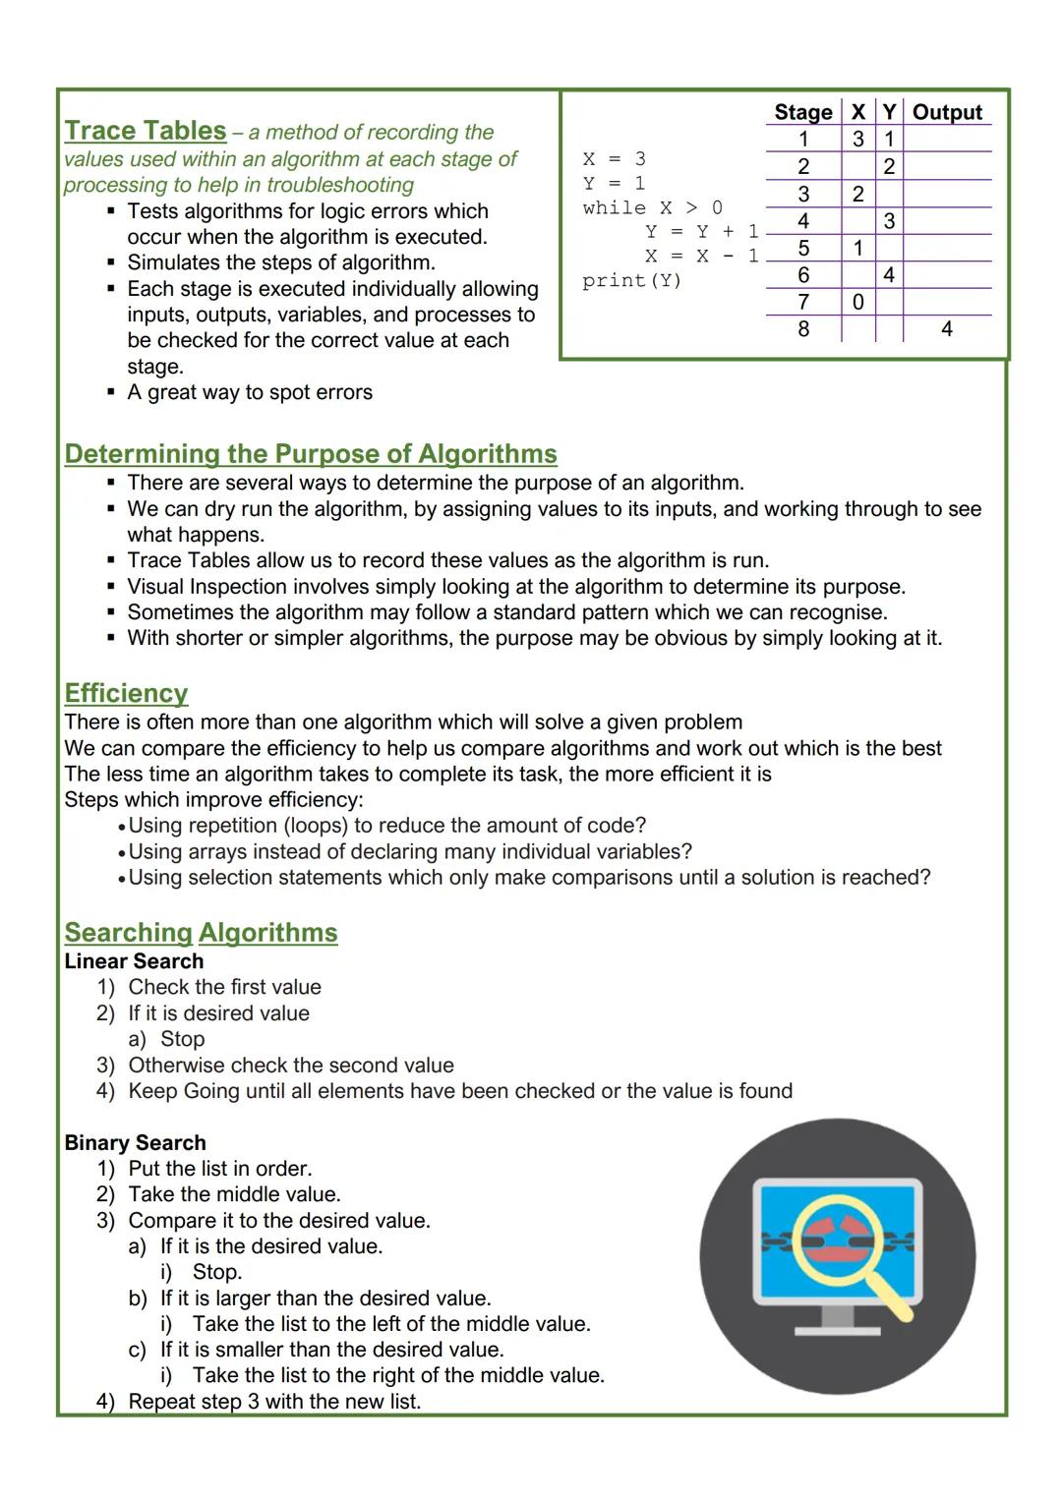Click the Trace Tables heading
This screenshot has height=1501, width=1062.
tap(146, 131)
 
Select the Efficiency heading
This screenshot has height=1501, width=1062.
tap(126, 693)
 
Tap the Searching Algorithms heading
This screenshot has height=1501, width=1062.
tap(201, 933)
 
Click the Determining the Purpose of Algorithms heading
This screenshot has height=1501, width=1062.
tap(311, 454)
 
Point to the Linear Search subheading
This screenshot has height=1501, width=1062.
tap(134, 961)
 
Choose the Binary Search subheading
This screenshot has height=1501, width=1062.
tap(135, 1142)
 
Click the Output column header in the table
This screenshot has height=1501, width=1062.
tap(946, 112)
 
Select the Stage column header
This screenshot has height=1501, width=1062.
tap(802, 112)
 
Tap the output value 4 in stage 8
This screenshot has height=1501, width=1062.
tap(946, 329)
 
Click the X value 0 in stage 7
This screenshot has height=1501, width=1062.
tap(857, 302)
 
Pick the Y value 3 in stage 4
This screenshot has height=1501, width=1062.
tap(889, 221)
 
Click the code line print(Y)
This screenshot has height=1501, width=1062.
tap(631, 281)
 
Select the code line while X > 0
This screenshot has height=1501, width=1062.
tap(652, 207)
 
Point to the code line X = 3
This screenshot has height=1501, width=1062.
tap(614, 159)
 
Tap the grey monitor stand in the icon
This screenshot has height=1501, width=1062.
tap(837, 1320)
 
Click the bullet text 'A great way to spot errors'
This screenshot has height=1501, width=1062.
tap(250, 392)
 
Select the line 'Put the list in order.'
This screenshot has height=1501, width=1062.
tap(220, 1169)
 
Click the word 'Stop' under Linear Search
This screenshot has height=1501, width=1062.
tap(182, 1039)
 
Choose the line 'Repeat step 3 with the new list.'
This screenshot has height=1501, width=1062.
tap(274, 1401)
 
